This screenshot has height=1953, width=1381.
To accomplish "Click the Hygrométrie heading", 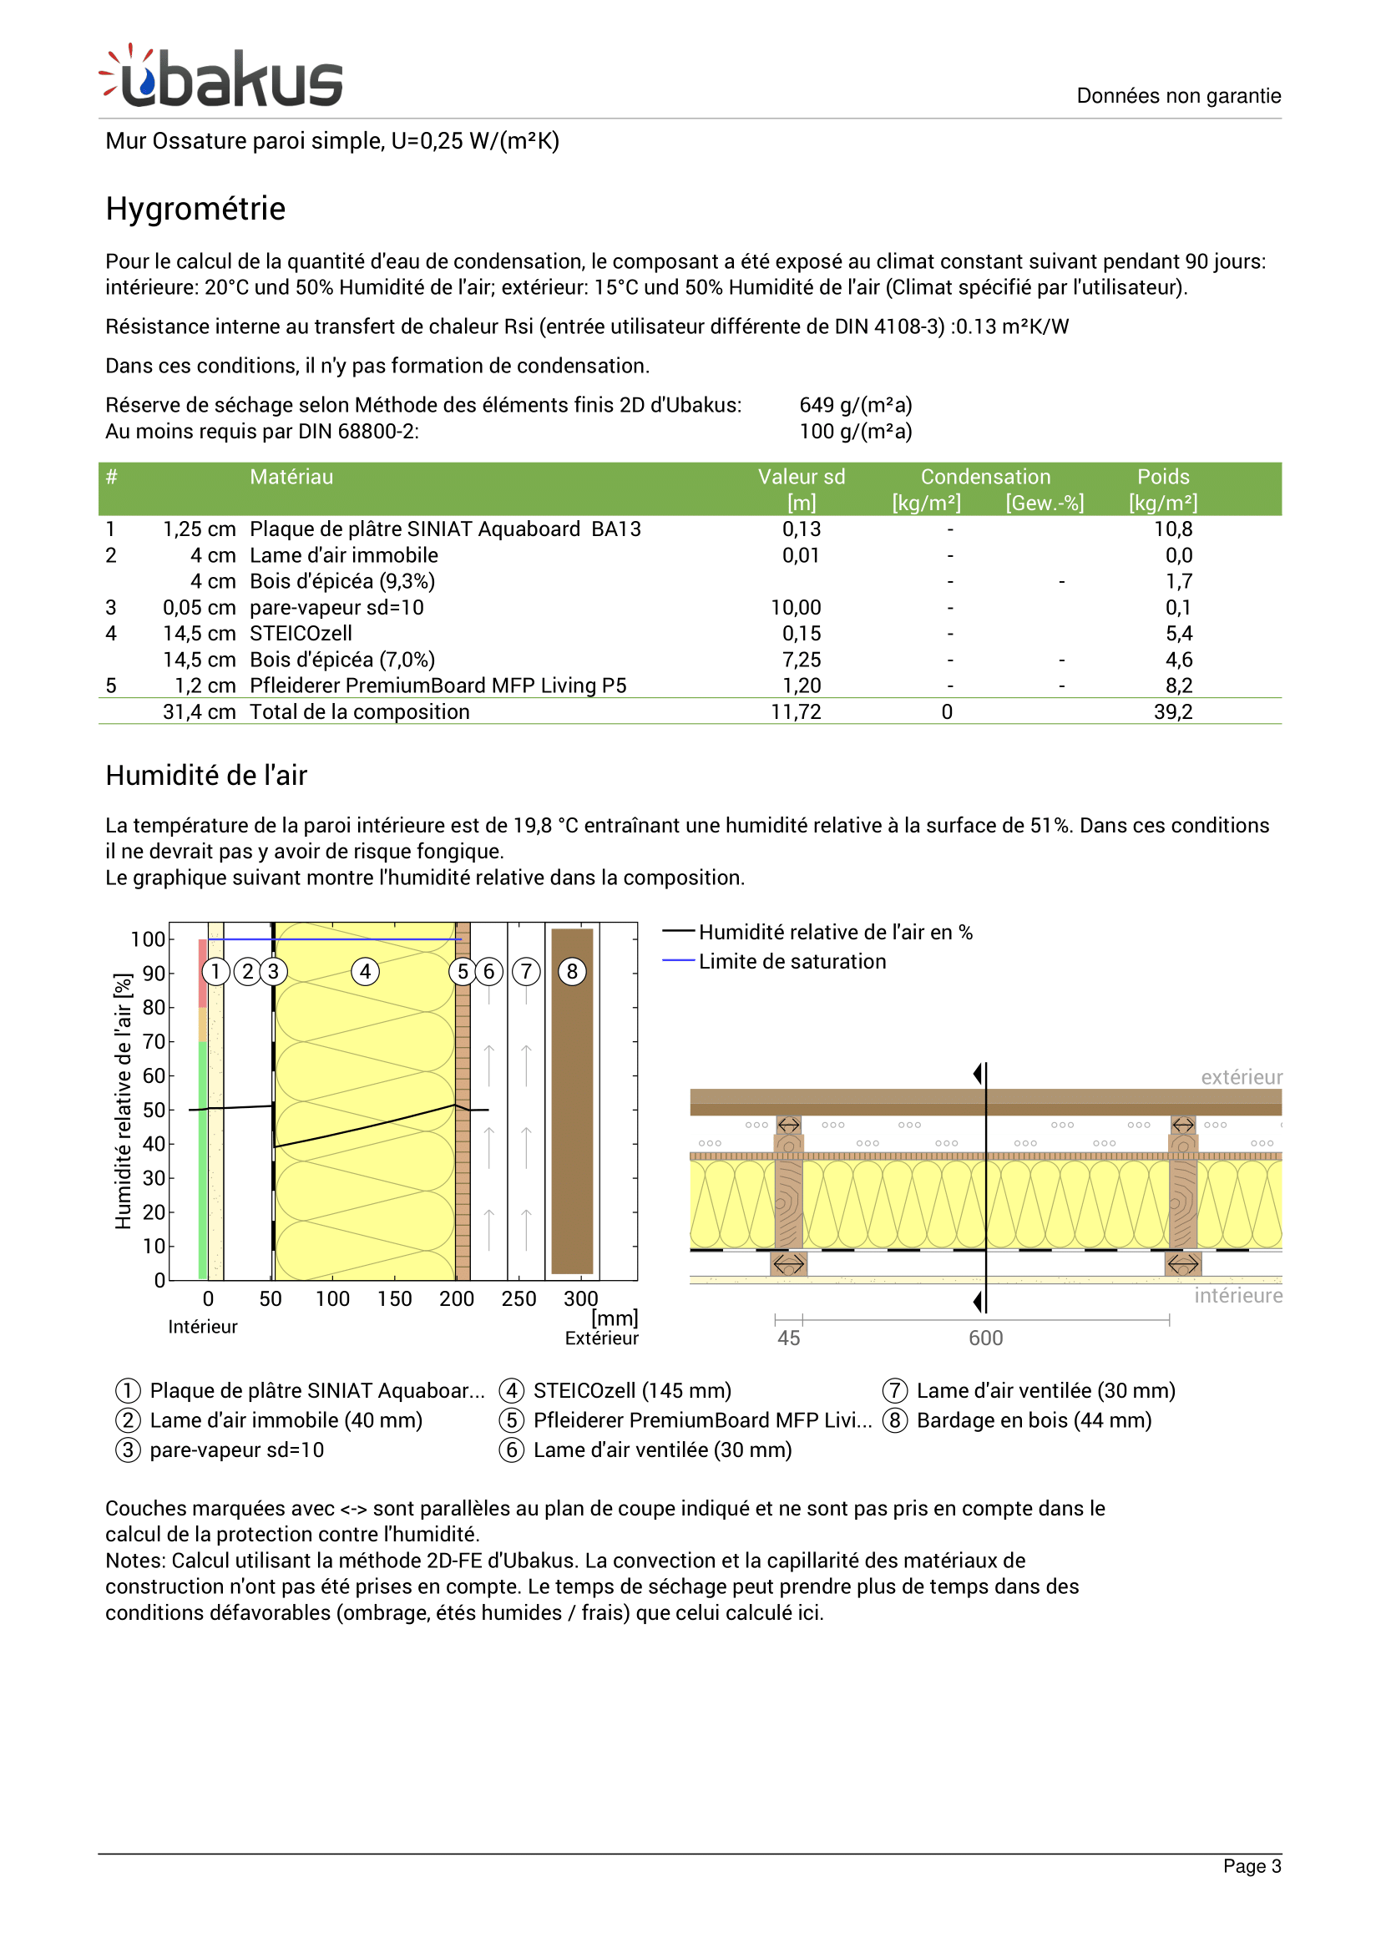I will (x=195, y=209).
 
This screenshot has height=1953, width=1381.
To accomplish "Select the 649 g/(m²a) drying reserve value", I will (x=855, y=405).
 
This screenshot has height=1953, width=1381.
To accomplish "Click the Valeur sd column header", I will (x=801, y=478).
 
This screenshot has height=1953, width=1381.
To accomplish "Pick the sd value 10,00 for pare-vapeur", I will (x=795, y=607).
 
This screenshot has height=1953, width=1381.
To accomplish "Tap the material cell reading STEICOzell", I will (x=301, y=634).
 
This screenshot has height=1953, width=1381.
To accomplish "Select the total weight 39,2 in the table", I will (x=1171, y=712).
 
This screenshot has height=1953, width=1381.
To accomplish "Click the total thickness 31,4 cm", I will (x=199, y=712).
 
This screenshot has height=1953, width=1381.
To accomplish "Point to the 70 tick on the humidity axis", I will (x=154, y=1041).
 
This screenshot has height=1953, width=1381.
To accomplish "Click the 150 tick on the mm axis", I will (x=395, y=1299).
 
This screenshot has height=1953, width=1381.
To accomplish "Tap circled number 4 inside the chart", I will (x=365, y=971).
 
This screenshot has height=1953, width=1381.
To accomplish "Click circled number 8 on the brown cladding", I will (x=571, y=971).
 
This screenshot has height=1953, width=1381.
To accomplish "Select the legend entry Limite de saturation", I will (x=791, y=961).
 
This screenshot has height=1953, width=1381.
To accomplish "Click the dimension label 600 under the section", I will (x=984, y=1338).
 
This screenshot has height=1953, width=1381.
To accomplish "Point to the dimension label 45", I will (x=788, y=1338).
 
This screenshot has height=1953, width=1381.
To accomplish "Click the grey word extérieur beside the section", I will (x=1240, y=1077).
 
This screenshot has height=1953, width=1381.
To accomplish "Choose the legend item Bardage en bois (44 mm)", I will (x=1033, y=1419).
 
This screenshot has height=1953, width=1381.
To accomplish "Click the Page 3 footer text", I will (x=1251, y=1866).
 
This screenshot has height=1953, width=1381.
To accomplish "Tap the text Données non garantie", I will (x=1178, y=96).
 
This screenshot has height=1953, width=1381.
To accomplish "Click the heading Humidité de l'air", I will (x=205, y=776).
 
